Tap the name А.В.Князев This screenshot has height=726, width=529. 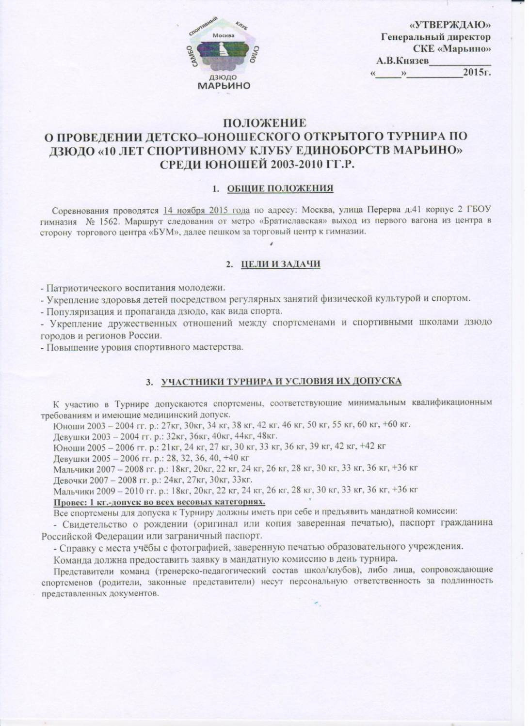(402, 61)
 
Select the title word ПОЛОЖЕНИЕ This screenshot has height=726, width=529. (264, 124)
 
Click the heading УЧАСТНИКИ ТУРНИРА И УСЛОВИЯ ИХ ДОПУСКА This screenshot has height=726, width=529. (281, 382)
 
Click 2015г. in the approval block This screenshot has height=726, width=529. (477, 73)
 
